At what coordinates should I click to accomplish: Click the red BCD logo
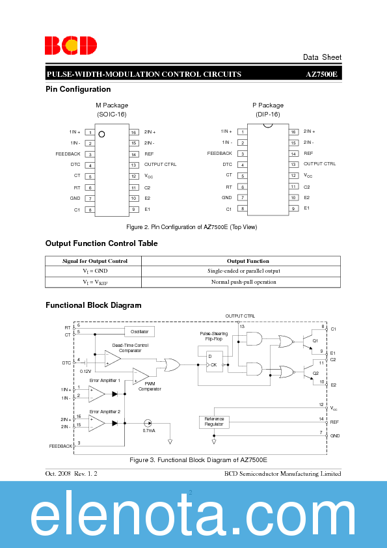click(x=71, y=45)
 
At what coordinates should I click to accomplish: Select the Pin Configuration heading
click(x=78, y=89)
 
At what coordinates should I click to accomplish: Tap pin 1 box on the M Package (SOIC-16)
click(x=90, y=132)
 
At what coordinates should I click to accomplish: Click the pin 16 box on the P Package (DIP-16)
click(x=294, y=131)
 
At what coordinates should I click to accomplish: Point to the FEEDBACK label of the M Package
click(x=68, y=154)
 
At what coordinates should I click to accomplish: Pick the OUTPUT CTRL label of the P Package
click(x=319, y=164)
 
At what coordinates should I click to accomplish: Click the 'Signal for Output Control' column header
click(x=95, y=261)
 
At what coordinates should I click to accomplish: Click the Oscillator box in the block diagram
click(x=139, y=331)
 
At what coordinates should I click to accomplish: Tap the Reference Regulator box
click(x=214, y=421)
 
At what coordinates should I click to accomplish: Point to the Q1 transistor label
click(x=315, y=340)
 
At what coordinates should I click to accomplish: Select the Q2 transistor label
click(x=315, y=373)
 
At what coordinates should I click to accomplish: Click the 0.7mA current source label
click(x=149, y=431)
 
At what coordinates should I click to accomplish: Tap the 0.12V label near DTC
click(x=86, y=371)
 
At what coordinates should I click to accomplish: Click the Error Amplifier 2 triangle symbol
click(x=97, y=422)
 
